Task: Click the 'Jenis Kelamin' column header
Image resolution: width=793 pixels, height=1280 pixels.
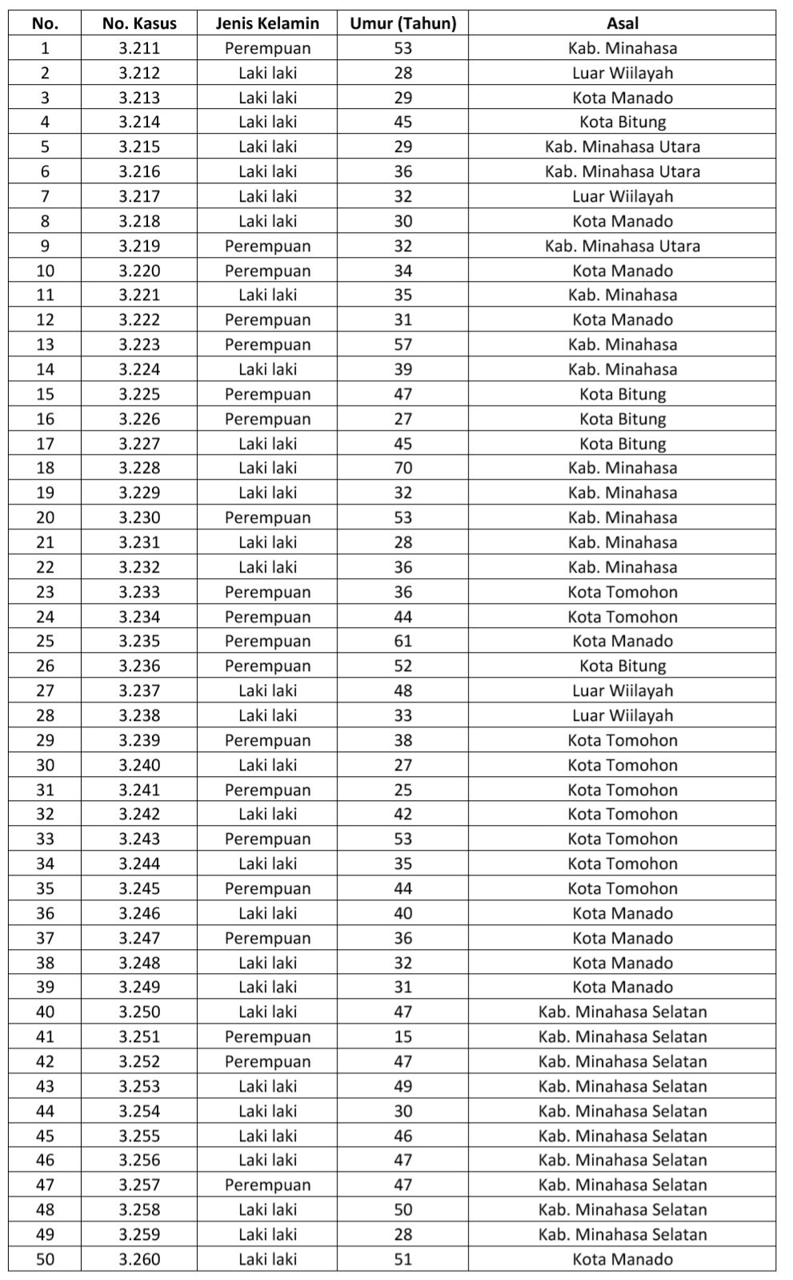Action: [x=267, y=23]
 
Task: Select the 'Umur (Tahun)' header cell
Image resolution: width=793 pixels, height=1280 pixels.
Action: [x=403, y=23]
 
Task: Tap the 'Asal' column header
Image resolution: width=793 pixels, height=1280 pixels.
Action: [x=622, y=23]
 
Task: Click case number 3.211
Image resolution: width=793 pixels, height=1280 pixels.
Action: [x=139, y=48]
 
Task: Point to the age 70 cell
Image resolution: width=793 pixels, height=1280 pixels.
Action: [x=403, y=468]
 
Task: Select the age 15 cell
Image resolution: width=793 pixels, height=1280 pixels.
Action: [x=403, y=1036]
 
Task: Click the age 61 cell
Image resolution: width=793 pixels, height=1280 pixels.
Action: [x=403, y=641]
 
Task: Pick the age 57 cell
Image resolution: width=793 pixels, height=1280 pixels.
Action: [x=403, y=344]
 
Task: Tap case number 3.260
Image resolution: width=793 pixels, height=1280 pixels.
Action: [x=139, y=1259]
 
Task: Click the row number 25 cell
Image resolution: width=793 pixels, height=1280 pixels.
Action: [x=45, y=641]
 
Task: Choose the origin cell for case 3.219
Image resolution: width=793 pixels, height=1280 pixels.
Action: [x=622, y=246]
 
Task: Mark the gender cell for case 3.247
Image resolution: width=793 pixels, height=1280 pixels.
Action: [x=267, y=938]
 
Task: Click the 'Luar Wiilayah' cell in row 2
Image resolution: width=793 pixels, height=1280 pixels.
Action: [x=622, y=73]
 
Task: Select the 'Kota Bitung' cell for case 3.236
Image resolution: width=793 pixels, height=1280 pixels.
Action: [x=622, y=666]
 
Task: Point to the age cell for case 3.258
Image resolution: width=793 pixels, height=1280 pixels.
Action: [x=403, y=1210]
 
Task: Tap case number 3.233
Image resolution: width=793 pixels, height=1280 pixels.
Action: [x=139, y=592]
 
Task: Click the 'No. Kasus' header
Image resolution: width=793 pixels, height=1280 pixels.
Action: [x=139, y=23]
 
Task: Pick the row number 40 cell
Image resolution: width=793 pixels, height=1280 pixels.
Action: [x=45, y=1012]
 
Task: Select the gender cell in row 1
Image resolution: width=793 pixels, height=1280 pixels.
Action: [x=267, y=48]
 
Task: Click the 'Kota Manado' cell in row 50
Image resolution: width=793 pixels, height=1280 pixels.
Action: [x=622, y=1259]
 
